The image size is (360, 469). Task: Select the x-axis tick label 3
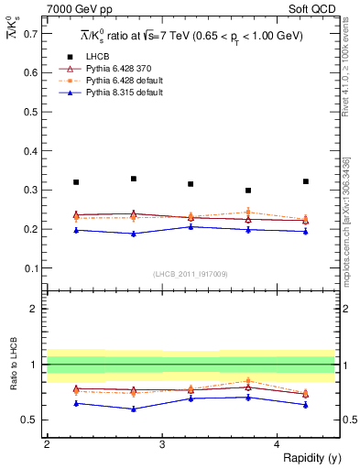tap(162, 444)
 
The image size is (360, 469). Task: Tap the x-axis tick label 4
tap(278, 444)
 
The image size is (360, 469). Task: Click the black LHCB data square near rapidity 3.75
tap(248, 191)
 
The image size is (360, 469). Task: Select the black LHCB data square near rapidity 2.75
tap(134, 179)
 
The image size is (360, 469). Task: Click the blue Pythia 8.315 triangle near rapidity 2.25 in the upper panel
tap(76, 230)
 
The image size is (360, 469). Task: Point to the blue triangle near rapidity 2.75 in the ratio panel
tap(134, 409)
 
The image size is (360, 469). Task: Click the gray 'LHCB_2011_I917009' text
tap(190, 274)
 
